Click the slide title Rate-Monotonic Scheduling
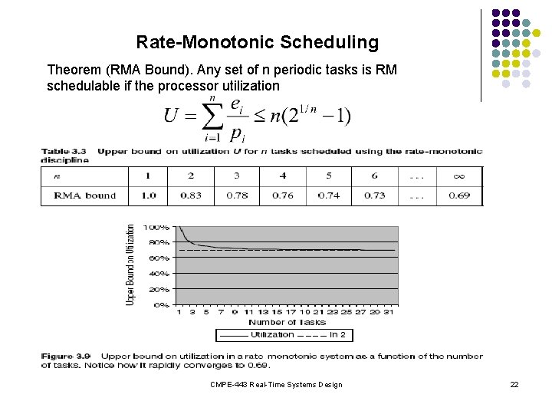[257, 42]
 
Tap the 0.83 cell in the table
[191, 195]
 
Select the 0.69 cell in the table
[458, 195]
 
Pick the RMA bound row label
[85, 195]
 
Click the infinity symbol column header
[458, 176]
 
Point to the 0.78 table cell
[237, 195]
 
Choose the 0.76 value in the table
[283, 195]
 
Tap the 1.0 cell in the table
[148, 195]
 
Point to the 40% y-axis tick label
[159, 274]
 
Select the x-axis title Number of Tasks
[287, 323]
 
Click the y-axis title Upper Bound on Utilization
[131, 265]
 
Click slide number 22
[514, 384]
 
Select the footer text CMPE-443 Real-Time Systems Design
[276, 384]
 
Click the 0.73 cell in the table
[374, 195]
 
